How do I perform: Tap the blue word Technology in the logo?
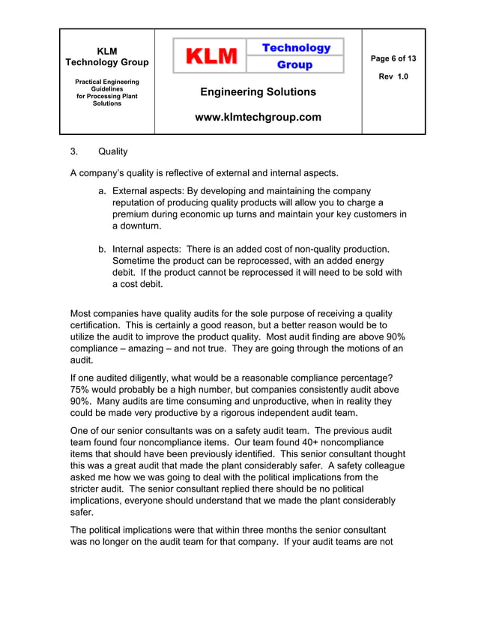295,47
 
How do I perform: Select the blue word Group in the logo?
295,65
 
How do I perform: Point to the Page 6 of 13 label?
393,58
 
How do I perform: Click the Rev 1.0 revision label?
393,77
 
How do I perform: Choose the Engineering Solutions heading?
258,92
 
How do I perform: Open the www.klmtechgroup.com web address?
258,117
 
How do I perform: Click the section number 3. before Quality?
75,152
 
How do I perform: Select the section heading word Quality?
113,152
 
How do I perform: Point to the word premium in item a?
133,214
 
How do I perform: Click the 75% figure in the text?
81,390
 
